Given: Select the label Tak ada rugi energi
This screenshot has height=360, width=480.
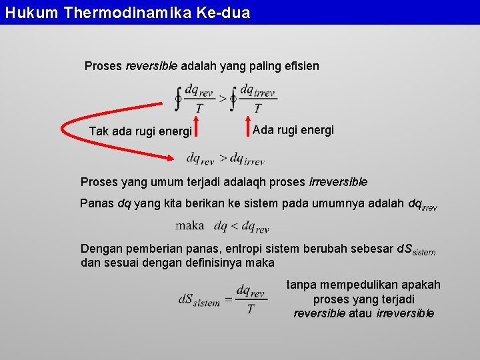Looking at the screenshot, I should [141, 131].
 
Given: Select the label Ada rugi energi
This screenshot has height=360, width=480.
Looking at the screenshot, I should [293, 130].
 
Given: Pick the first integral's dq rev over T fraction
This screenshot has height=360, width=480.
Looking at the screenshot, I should [199, 98].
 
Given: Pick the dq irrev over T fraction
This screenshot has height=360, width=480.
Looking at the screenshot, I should [257, 98].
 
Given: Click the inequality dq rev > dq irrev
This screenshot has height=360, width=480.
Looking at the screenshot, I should [225, 159].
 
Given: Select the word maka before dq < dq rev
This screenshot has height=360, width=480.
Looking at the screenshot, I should [190, 225].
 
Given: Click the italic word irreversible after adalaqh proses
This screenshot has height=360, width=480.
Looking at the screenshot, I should [338, 182].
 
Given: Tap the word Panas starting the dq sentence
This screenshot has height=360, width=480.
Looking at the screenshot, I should [97, 204].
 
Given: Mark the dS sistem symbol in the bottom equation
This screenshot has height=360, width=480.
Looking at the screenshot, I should [199, 300].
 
